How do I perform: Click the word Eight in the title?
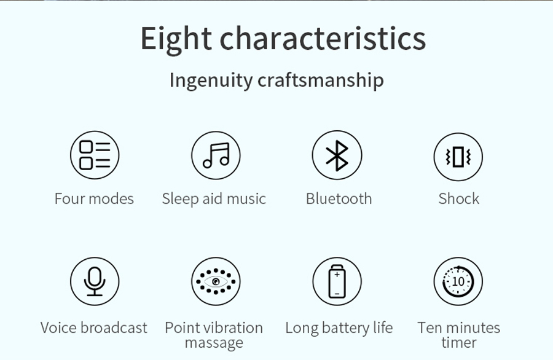(x=176, y=39)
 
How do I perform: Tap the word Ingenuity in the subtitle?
(x=211, y=80)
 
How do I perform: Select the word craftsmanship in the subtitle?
(x=321, y=80)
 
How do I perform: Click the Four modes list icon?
(x=95, y=155)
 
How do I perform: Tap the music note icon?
(x=216, y=155)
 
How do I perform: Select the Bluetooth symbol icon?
(x=337, y=155)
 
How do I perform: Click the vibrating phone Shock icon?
(x=458, y=157)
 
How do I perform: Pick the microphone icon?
(x=95, y=281)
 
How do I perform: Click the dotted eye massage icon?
(x=216, y=281)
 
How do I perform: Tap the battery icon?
(x=337, y=281)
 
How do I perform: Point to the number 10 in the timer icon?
(x=458, y=281)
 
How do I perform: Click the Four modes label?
(x=94, y=199)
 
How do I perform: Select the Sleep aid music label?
(x=214, y=199)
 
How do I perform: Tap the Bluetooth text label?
(x=339, y=199)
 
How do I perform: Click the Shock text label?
(x=459, y=199)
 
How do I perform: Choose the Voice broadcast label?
(x=94, y=328)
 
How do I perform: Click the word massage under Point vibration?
(x=214, y=343)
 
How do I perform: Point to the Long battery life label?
(x=339, y=328)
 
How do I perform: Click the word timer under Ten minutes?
(x=459, y=342)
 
